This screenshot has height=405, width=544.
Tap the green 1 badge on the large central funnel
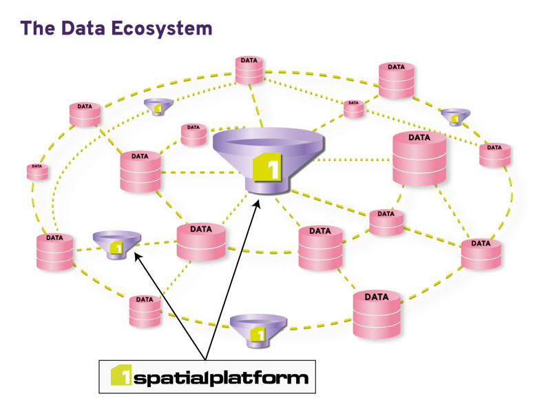click(267, 168)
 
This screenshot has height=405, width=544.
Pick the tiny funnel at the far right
click(455, 115)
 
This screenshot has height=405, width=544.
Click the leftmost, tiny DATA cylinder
click(36, 171)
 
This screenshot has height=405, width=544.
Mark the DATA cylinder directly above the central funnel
click(249, 70)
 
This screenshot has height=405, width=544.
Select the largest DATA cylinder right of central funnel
click(419, 159)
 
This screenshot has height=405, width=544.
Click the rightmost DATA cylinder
click(494, 155)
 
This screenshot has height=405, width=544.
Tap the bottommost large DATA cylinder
click(376, 314)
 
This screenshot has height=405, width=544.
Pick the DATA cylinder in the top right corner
click(396, 80)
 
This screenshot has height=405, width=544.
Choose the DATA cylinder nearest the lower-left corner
click(54, 252)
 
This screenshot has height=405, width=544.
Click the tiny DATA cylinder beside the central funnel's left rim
click(193, 135)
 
